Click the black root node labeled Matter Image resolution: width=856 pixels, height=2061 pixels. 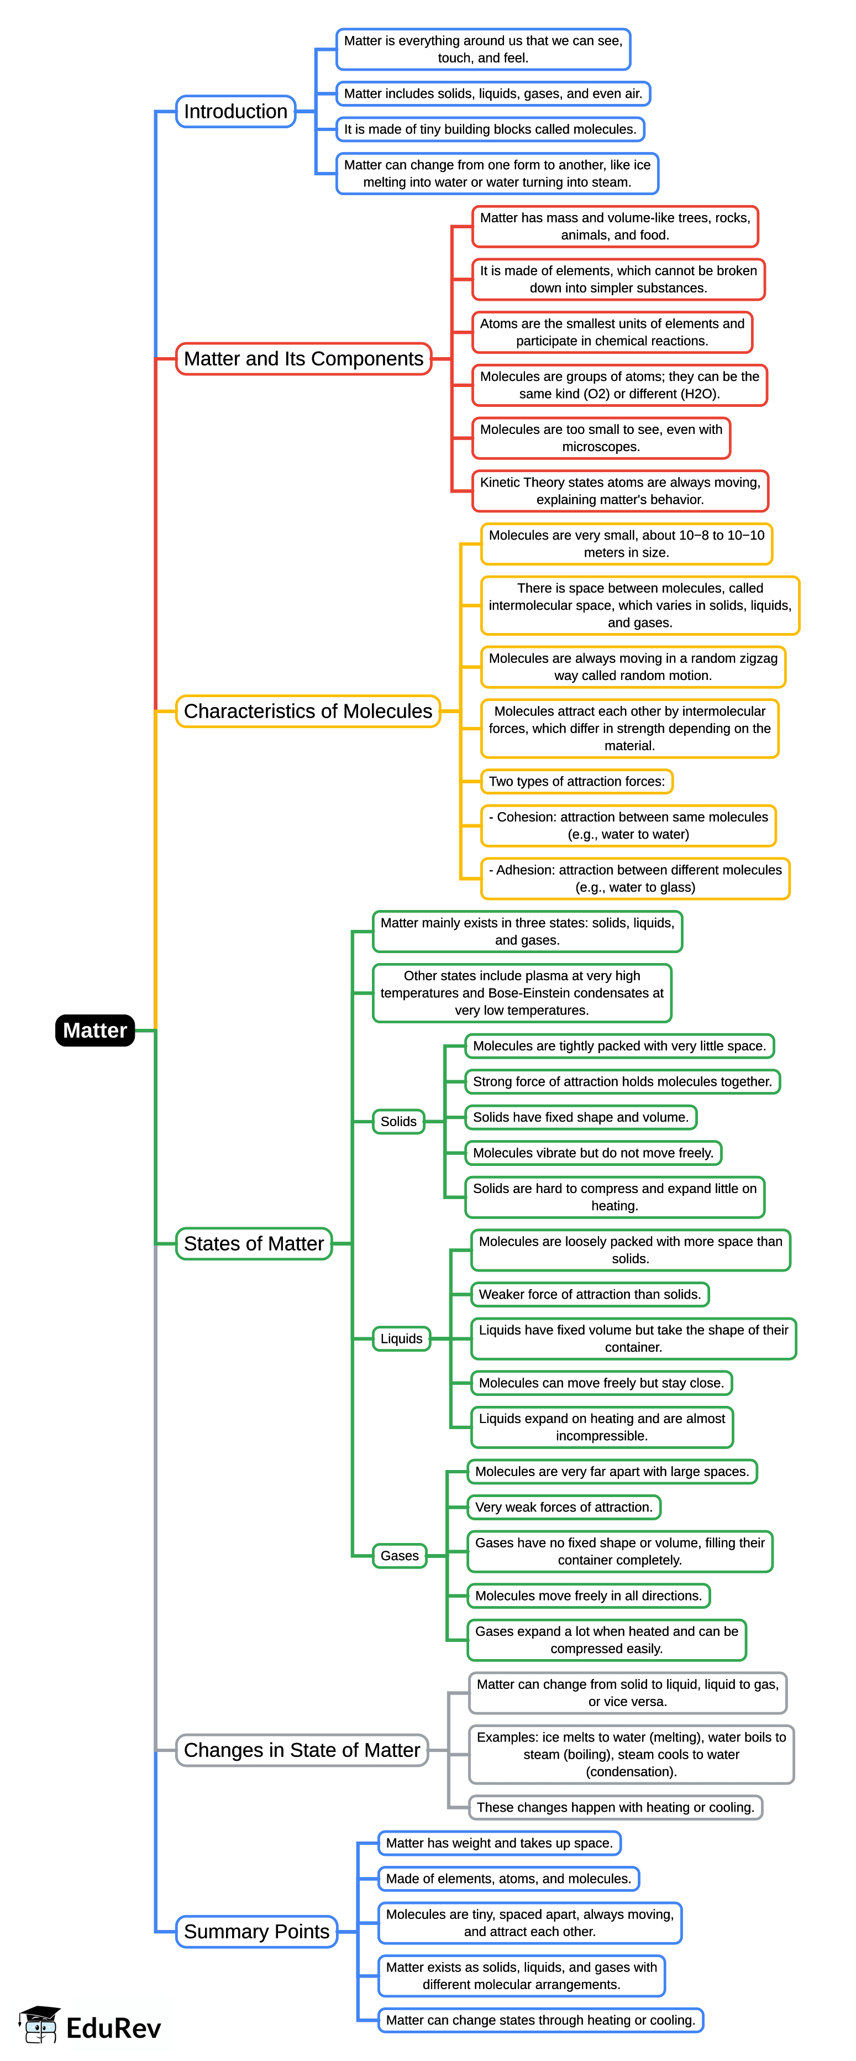94,1030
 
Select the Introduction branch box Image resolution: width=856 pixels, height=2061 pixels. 235,111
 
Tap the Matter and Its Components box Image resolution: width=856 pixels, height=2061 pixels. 303,358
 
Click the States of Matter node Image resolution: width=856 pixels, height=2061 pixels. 254,1243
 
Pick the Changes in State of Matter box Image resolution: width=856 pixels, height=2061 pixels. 302,1750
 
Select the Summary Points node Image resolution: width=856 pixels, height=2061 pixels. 256,1932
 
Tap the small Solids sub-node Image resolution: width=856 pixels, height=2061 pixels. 398,1121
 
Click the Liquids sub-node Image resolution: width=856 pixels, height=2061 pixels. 401,1338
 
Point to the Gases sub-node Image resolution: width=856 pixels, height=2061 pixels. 399,1555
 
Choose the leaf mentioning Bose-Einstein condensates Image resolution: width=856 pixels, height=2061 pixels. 522,993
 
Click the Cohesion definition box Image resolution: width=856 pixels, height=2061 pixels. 628,826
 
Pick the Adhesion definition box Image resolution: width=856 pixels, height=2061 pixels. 635,878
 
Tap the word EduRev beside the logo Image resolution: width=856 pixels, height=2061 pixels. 114,2028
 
